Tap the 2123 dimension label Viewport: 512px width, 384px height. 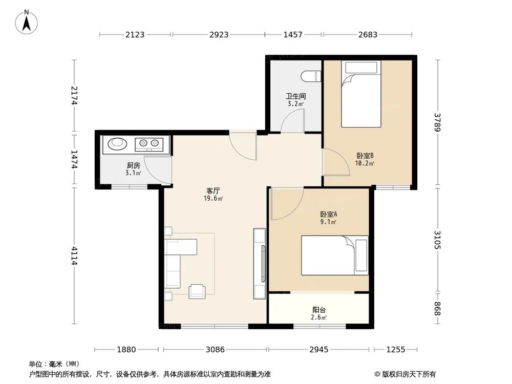pos(135,35)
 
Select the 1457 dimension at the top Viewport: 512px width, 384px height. pos(293,35)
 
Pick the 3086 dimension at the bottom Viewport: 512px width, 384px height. pos(215,350)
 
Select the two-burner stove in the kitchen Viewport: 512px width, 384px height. pos(149,144)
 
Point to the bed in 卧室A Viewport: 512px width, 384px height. pos(334,255)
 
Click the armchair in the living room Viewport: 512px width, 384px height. pos(197,291)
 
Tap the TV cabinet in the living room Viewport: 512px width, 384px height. pos(259,264)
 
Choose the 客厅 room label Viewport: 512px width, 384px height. pos(214,190)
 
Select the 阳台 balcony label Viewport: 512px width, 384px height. pos(319,310)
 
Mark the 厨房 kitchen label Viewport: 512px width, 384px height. pos(133,165)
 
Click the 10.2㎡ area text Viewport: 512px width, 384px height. pos(365,164)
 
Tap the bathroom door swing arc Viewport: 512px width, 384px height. pos(292,123)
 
